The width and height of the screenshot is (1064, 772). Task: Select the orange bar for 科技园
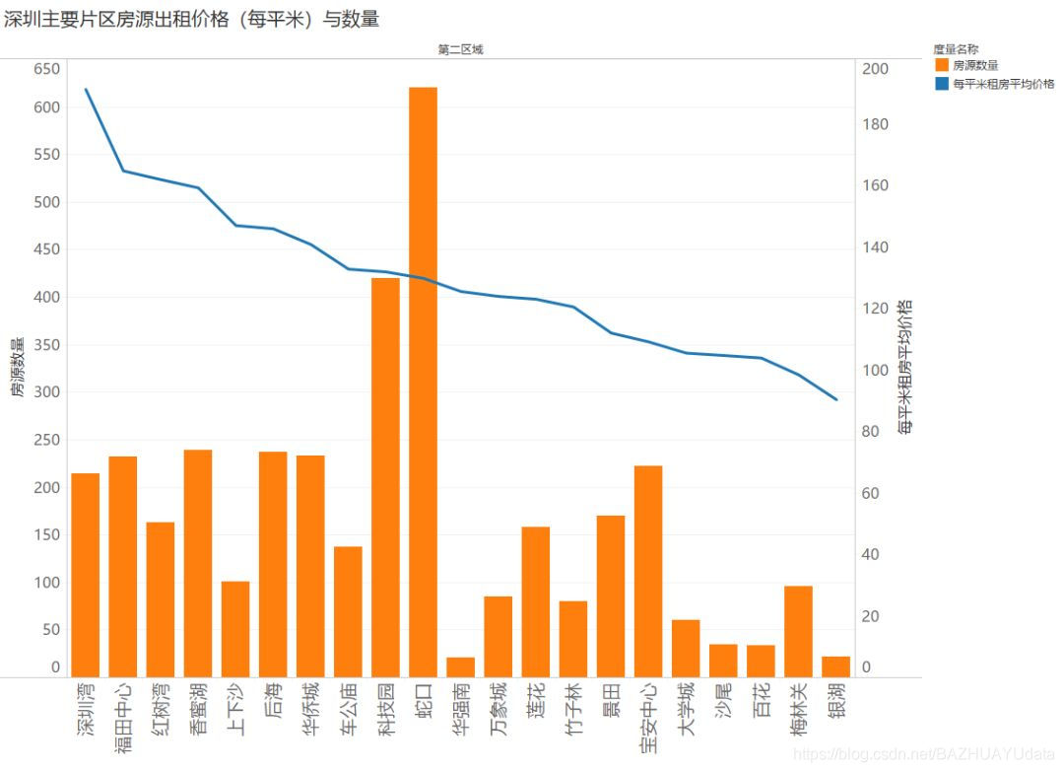click(x=385, y=477)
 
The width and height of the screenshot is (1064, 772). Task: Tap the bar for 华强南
click(x=460, y=667)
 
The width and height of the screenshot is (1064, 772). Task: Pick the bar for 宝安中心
click(x=648, y=571)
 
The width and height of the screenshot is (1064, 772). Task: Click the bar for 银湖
click(x=836, y=667)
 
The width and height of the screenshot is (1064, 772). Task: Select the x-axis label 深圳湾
click(x=86, y=709)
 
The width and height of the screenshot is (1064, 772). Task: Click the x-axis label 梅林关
click(x=799, y=709)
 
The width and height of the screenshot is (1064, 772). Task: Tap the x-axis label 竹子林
click(x=573, y=709)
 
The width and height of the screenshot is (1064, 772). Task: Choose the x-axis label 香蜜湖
click(x=198, y=709)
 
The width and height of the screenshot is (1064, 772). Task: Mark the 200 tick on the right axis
click(x=875, y=69)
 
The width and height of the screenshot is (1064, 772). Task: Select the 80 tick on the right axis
click(x=871, y=432)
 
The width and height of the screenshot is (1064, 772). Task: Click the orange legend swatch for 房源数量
click(x=941, y=65)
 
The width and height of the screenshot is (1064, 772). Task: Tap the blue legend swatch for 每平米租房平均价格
click(x=941, y=84)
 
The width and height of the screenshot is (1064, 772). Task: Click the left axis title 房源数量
click(x=17, y=367)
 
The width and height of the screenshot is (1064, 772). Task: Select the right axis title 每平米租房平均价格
click(x=905, y=367)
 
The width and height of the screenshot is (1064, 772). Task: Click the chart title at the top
click(x=192, y=19)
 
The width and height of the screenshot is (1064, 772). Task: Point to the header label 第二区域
click(x=460, y=49)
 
